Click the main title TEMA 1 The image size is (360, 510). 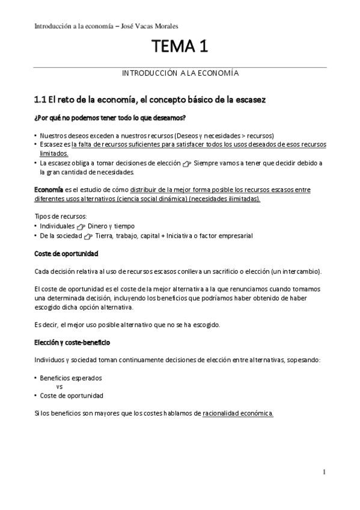point(180,46)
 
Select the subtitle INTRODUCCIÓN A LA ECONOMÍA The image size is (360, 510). point(180,73)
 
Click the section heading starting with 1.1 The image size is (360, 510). point(150,98)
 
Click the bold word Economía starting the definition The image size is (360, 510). point(48,189)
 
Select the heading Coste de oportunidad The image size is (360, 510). point(66,254)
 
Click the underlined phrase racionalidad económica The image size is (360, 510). point(238,413)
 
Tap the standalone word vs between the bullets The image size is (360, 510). point(59,387)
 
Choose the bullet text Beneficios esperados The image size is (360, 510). point(71,378)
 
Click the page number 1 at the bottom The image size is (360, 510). point(324,472)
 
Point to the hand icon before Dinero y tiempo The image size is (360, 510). point(82,227)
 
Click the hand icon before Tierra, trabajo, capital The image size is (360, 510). point(90,236)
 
